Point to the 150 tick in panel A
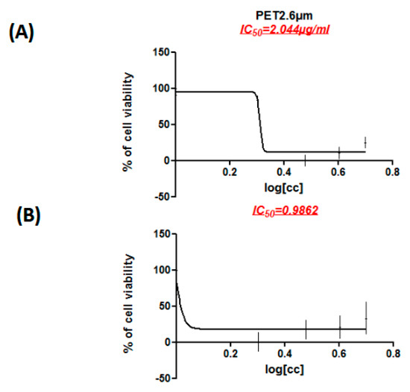[160, 52]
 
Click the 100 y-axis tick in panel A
[160, 88]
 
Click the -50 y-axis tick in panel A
[160, 196]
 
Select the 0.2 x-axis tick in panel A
[230, 171]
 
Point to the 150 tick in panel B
[160, 234]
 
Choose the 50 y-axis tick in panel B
[163, 306]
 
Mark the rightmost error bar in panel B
[365, 319]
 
